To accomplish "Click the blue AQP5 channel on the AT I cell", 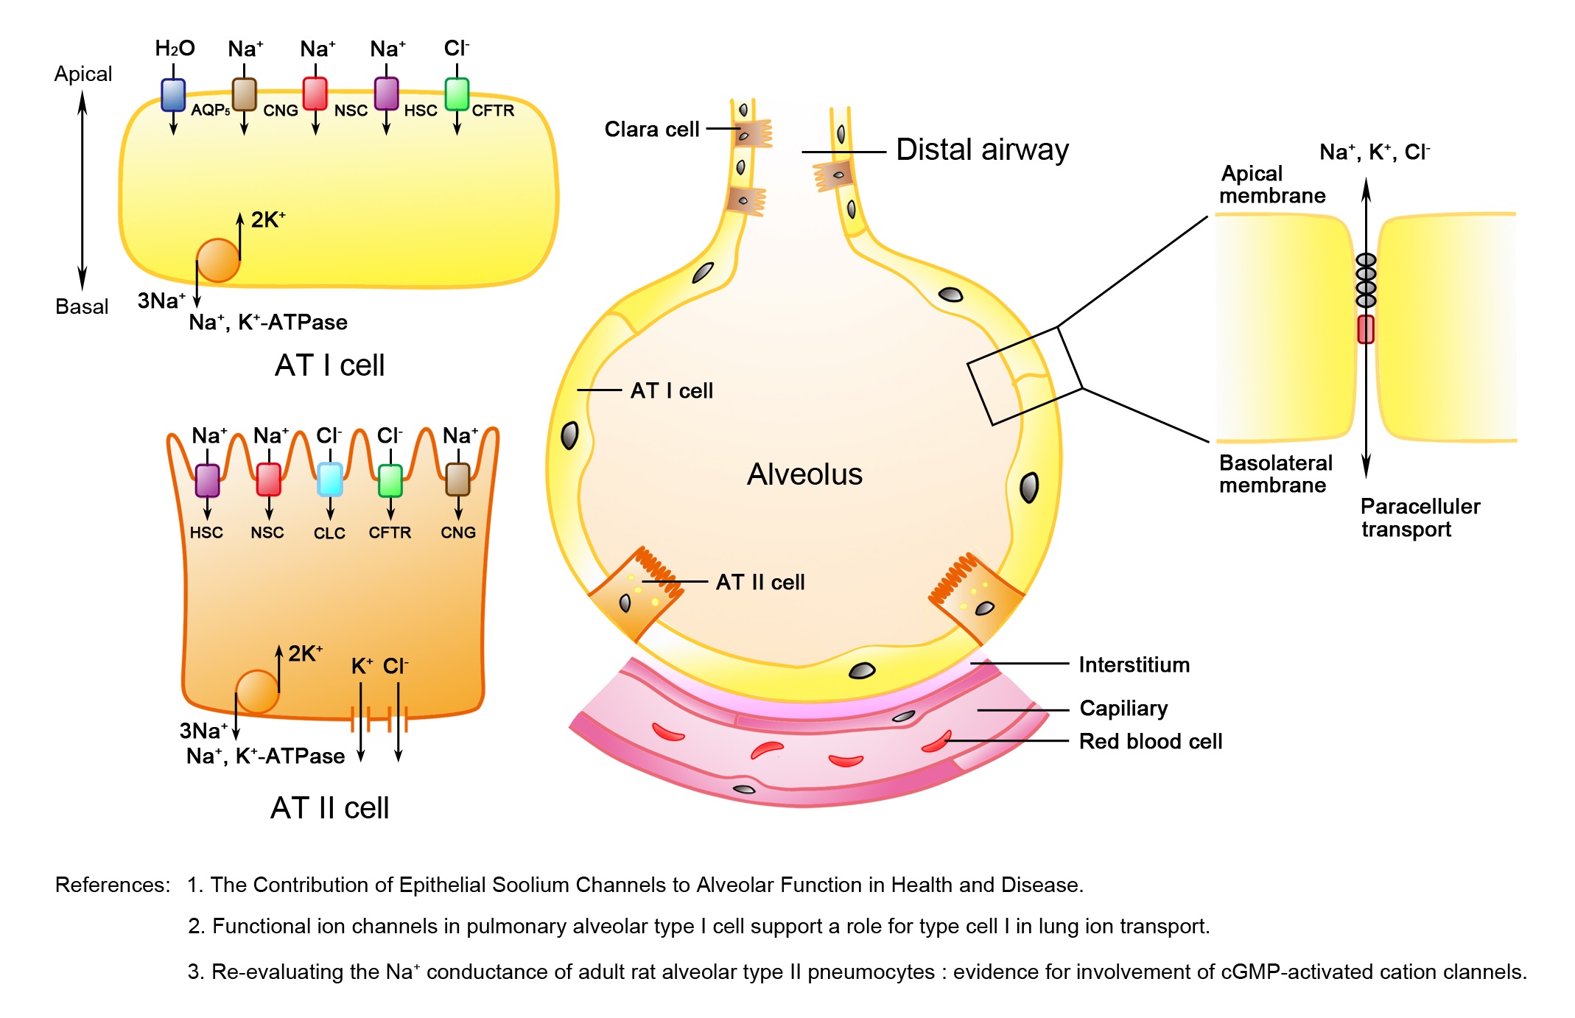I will coord(173,94).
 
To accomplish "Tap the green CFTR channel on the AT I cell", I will coord(457,94).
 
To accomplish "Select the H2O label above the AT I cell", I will coord(175,49).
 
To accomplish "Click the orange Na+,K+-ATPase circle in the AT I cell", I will coord(218,260).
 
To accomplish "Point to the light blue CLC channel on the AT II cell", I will coord(329,480).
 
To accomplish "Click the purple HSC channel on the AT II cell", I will coord(207,480).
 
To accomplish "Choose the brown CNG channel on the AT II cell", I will coord(457,480).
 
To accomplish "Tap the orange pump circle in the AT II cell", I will coord(257,691).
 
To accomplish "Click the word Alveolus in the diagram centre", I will coord(804,474).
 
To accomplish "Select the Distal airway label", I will coord(982,150).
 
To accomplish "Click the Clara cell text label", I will coord(651,130).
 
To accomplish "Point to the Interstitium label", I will coord(1134,665).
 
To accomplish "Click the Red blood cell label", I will coord(1150,742).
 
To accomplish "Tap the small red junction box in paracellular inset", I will coord(1365,329).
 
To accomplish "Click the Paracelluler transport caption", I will coord(1420,518).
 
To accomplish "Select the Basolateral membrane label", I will coord(1275,474).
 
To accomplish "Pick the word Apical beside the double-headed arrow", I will coord(83,74).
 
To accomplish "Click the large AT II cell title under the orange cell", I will coord(329,808).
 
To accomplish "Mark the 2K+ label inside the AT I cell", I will coord(267,220).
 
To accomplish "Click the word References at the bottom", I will coord(112,885).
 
